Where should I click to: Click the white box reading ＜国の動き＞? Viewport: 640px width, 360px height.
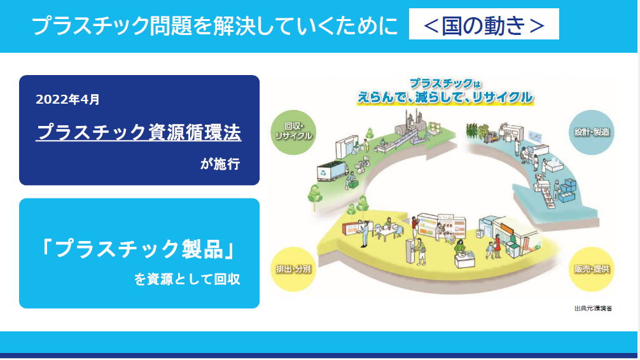[483, 24]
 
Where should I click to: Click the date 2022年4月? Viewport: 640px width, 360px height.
[67, 99]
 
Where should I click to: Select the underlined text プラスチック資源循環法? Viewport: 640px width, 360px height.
[138, 132]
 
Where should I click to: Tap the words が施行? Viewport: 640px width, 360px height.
[220, 164]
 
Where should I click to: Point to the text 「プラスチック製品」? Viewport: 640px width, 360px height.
[138, 249]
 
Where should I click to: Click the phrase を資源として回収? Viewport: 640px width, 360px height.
[187, 279]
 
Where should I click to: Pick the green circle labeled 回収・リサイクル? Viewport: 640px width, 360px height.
[293, 132]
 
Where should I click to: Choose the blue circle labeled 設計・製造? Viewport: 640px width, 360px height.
[592, 132]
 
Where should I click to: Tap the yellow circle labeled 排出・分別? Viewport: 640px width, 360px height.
[293, 269]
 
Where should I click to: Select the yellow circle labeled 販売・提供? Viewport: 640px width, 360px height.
[592, 269]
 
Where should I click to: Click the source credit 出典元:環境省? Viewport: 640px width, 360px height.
[593, 308]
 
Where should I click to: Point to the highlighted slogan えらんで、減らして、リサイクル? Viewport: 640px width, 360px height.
[445, 97]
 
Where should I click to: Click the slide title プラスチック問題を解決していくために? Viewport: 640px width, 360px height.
[214, 25]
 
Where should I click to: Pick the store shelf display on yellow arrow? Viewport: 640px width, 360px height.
[442, 226]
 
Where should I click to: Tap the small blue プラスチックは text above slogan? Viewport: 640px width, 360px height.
[445, 84]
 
